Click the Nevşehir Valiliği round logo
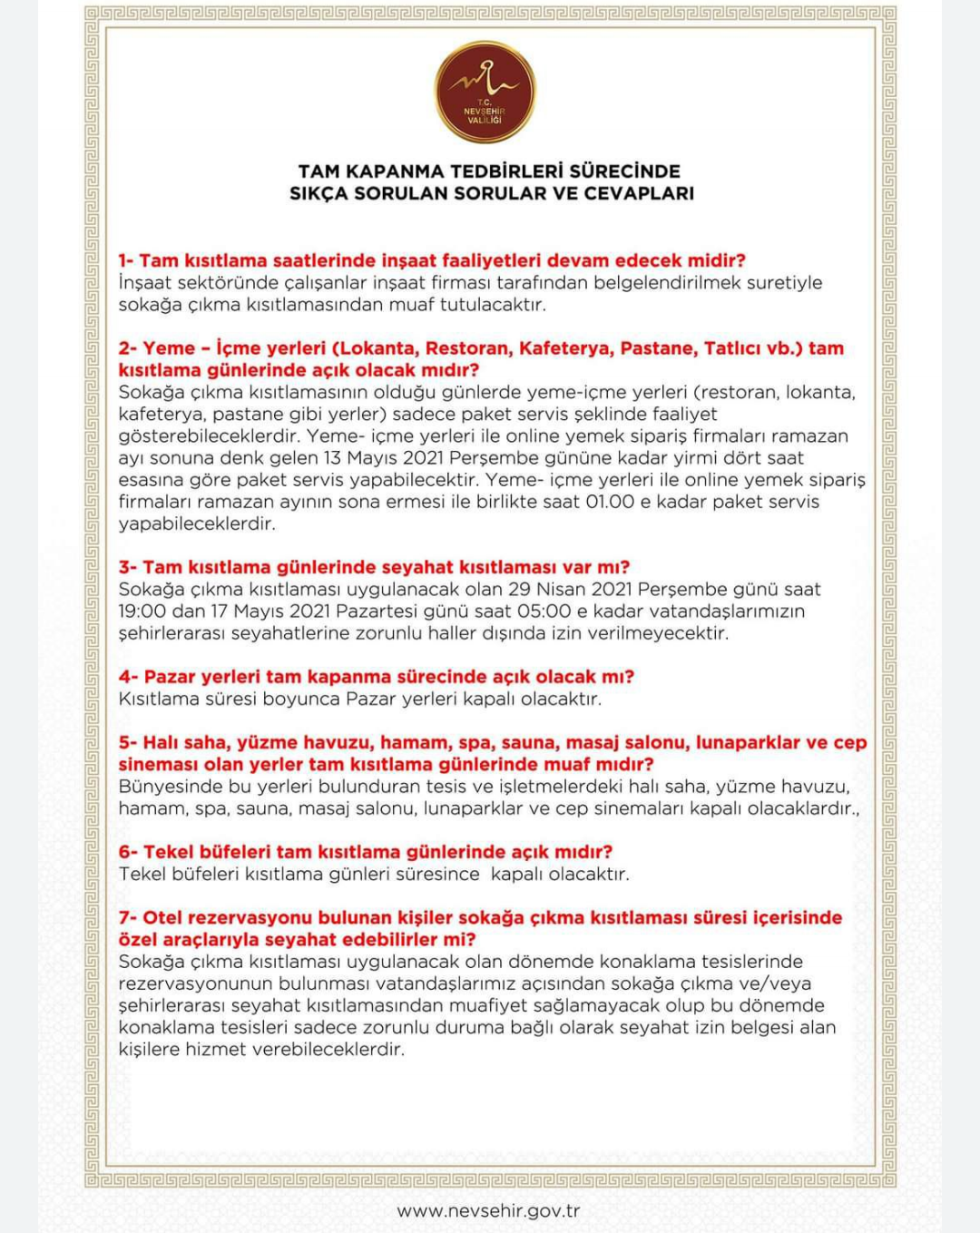pyautogui.click(x=485, y=92)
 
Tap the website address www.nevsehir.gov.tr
pyautogui.click(x=488, y=1210)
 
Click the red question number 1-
pyautogui.click(x=126, y=260)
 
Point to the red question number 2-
pyautogui.click(x=127, y=348)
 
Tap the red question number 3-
pyautogui.click(x=127, y=567)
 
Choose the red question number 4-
pyautogui.click(x=128, y=677)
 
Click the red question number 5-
pyautogui.click(x=127, y=742)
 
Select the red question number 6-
pyautogui.click(x=127, y=852)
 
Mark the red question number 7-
pyautogui.click(x=127, y=917)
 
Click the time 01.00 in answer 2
pyautogui.click(x=610, y=502)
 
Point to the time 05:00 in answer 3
pyautogui.click(x=544, y=612)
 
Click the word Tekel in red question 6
pyautogui.click(x=169, y=852)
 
